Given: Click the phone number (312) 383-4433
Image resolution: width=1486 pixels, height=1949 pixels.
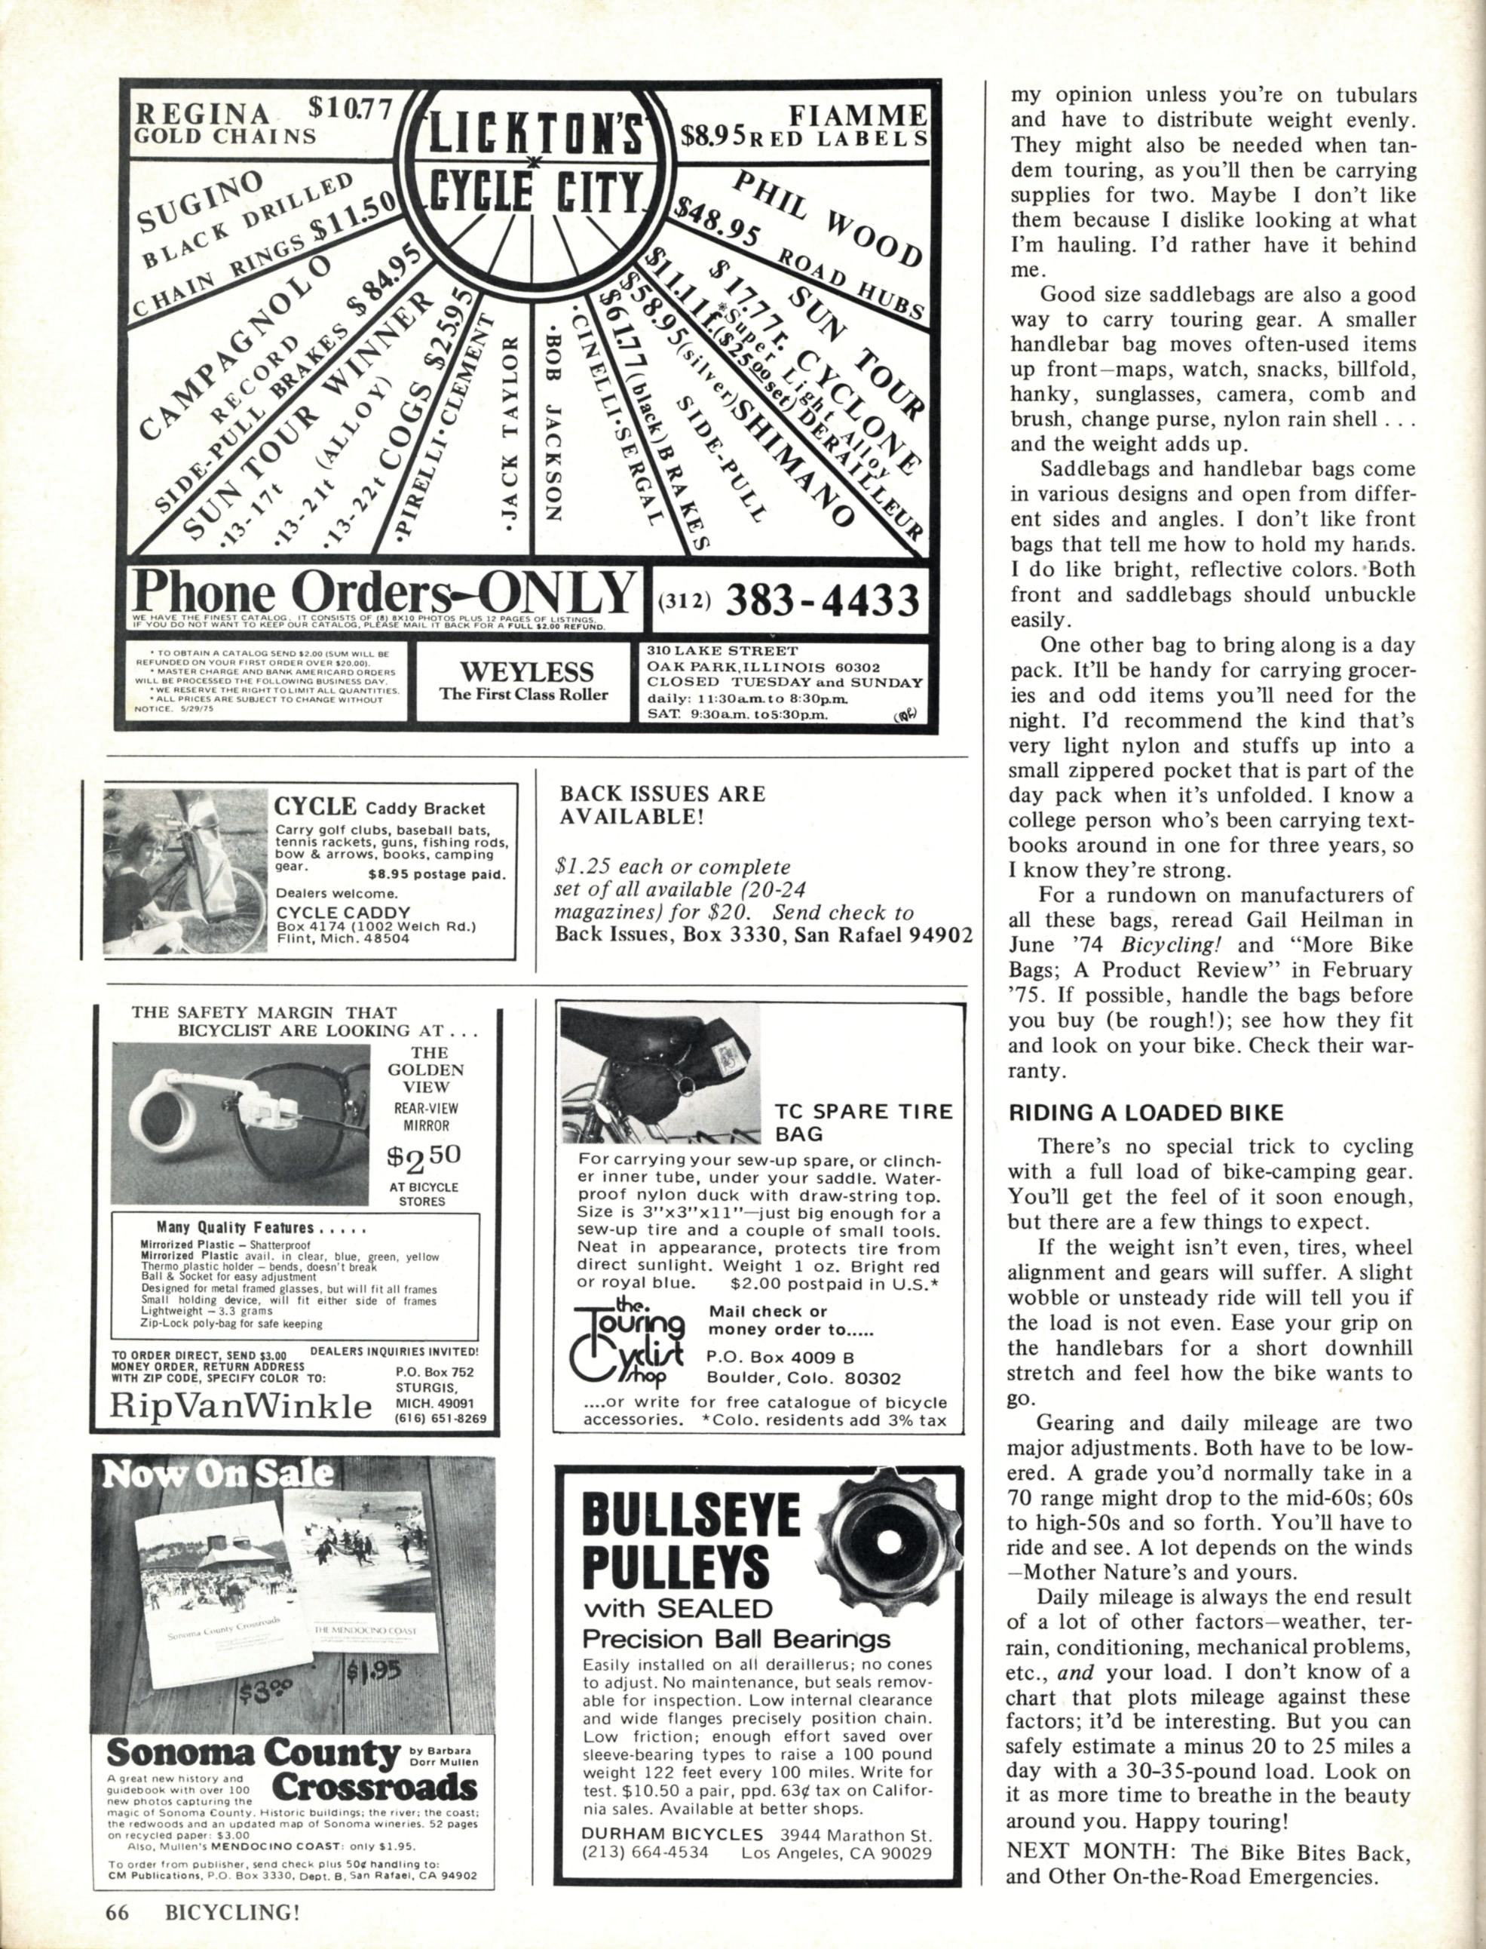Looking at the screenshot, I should point(789,603).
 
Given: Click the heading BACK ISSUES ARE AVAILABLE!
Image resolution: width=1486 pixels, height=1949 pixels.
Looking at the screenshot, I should point(662,804).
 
